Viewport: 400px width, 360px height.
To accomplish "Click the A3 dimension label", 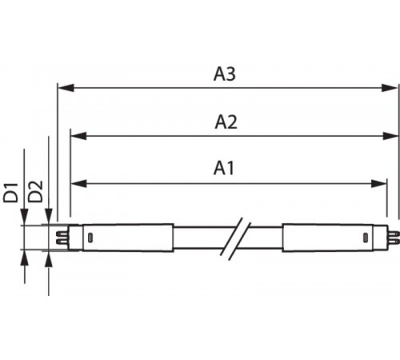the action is [225, 74].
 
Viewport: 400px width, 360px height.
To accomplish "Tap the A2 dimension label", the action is [226, 122].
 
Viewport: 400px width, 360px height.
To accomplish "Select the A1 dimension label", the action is [224, 168].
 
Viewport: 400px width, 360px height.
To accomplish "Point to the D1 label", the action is [10, 193].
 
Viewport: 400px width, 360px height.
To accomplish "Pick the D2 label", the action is [35, 191].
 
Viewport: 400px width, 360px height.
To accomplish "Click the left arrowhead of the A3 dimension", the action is [66, 88].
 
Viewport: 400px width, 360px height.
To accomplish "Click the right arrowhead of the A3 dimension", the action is [390, 88].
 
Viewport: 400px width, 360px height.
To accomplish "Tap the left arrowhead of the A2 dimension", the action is [78, 136].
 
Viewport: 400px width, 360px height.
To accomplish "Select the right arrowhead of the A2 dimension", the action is [390, 136].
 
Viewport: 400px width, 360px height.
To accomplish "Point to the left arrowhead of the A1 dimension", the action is [79, 183].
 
